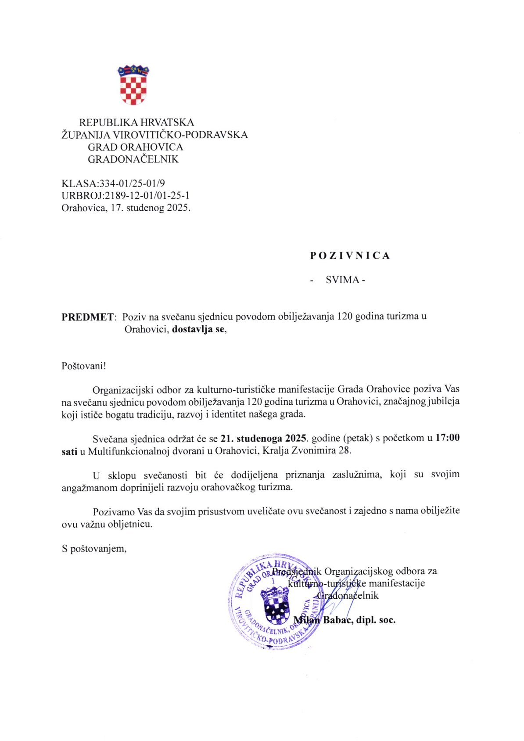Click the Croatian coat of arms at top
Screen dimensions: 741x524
tap(133, 85)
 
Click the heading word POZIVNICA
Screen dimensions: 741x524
tap(350, 255)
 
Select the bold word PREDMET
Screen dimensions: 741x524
tap(87, 317)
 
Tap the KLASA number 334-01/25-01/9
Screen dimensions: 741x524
tap(132, 183)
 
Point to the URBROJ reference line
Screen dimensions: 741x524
tap(126, 195)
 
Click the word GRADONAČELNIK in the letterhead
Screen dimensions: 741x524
tap(133, 159)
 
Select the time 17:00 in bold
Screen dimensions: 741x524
tap(447, 438)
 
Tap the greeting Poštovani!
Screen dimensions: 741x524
tap(83, 366)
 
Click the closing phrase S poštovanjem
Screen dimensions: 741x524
tap(94, 548)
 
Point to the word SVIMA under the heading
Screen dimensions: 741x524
tap(342, 280)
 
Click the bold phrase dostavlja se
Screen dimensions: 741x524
tap(198, 329)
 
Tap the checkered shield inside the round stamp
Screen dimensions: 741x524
tap(275, 605)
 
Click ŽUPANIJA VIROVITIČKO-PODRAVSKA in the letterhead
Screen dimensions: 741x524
tap(154, 135)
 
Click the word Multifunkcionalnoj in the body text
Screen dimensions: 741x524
tap(125, 450)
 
